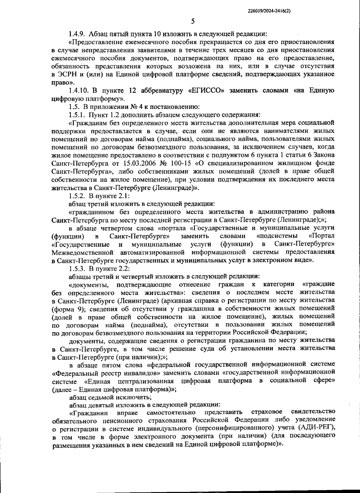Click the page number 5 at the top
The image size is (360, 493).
193,21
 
